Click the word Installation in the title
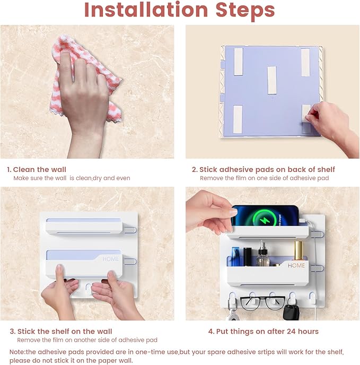(x=146, y=10)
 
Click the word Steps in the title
(x=245, y=11)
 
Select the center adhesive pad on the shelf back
(x=272, y=80)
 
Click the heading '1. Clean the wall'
(x=37, y=169)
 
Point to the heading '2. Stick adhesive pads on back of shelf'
(x=263, y=169)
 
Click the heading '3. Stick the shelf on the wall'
(x=61, y=331)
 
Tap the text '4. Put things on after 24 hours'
(x=263, y=331)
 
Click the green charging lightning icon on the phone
(x=265, y=219)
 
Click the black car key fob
(x=291, y=312)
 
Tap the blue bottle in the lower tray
(x=235, y=257)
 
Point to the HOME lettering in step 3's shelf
(x=110, y=259)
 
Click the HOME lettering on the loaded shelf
(x=296, y=265)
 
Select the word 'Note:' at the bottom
(x=17, y=352)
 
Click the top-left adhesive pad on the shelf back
(x=238, y=62)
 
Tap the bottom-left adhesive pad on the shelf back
(x=238, y=119)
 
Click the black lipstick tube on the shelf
(x=248, y=257)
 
